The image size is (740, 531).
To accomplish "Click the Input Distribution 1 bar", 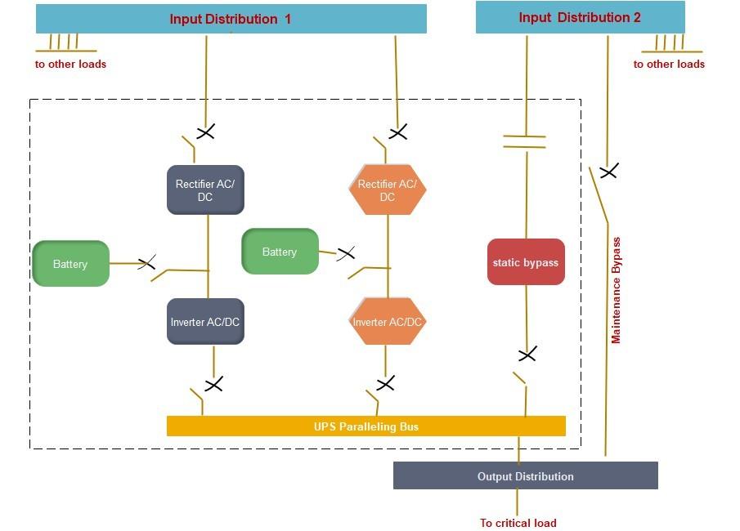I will pyautogui.click(x=231, y=19).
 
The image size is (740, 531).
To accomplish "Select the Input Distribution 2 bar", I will pyautogui.click(x=580, y=17).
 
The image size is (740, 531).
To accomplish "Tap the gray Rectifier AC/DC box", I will pyautogui.click(x=205, y=190).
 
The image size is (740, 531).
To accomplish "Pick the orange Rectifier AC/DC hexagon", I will pyautogui.click(x=388, y=190).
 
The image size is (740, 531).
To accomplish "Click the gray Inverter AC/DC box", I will pyautogui.click(x=205, y=322).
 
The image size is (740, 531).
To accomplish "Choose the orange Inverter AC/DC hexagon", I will pyautogui.click(x=388, y=322).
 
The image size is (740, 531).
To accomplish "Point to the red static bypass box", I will pyautogui.click(x=526, y=262).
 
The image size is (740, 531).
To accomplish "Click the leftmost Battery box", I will pyautogui.click(x=70, y=264).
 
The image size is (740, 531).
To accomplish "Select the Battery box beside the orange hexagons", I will pyautogui.click(x=280, y=252).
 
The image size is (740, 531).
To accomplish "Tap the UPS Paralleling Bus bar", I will pyautogui.click(x=366, y=426).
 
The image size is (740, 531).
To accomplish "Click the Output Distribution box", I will pyautogui.click(x=525, y=476).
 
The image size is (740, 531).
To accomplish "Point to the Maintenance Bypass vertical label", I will pyautogui.click(x=617, y=290).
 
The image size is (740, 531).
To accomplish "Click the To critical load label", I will pyautogui.click(x=518, y=523).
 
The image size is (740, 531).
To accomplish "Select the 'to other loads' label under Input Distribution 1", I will pyautogui.click(x=70, y=64).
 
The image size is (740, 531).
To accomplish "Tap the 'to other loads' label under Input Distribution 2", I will pyautogui.click(x=669, y=64).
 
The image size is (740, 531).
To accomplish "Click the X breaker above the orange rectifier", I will pyautogui.click(x=398, y=132).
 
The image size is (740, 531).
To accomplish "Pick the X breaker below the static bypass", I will pyautogui.click(x=527, y=355).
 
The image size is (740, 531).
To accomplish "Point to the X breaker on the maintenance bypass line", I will pyautogui.click(x=608, y=171).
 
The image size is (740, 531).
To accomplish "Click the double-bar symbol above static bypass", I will pyautogui.click(x=524, y=141).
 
